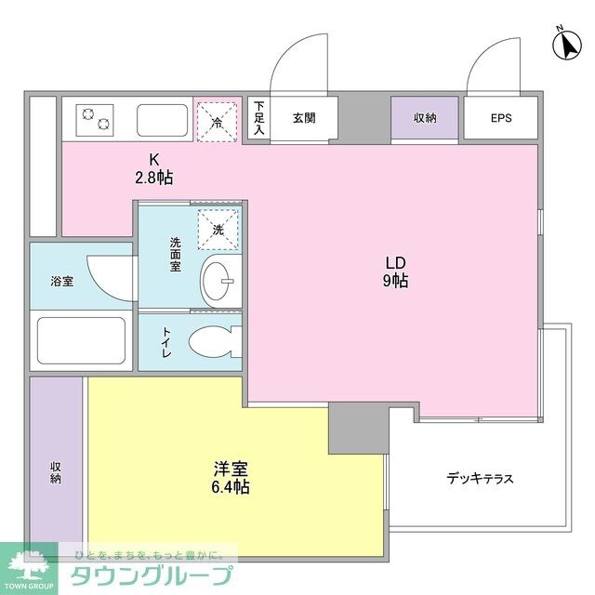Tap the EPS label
500,118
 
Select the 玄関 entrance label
303,118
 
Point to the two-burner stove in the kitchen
96,118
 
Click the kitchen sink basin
163,119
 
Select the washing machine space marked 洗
218,229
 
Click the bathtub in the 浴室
81,341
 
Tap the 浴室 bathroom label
62,278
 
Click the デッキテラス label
480,479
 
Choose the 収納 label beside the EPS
425,118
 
